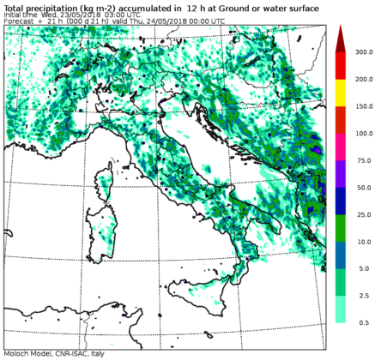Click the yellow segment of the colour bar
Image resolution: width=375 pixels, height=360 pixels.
(x=340, y=93)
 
